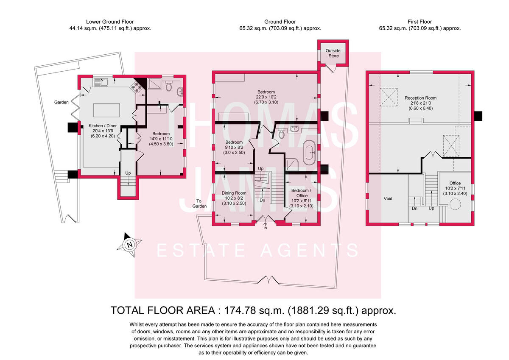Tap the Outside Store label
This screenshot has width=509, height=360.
[333, 53]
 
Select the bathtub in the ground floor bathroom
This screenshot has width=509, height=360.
[309, 151]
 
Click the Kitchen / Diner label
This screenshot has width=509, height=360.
[102, 126]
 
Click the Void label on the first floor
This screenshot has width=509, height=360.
[388, 198]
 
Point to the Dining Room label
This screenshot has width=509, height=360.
[234, 193]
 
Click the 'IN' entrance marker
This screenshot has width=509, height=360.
[266, 228]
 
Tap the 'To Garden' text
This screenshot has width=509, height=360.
[201, 204]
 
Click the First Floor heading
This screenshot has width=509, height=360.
[419, 22]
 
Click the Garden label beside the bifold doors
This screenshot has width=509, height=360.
[62, 102]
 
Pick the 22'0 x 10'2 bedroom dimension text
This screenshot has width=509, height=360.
[266, 98]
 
